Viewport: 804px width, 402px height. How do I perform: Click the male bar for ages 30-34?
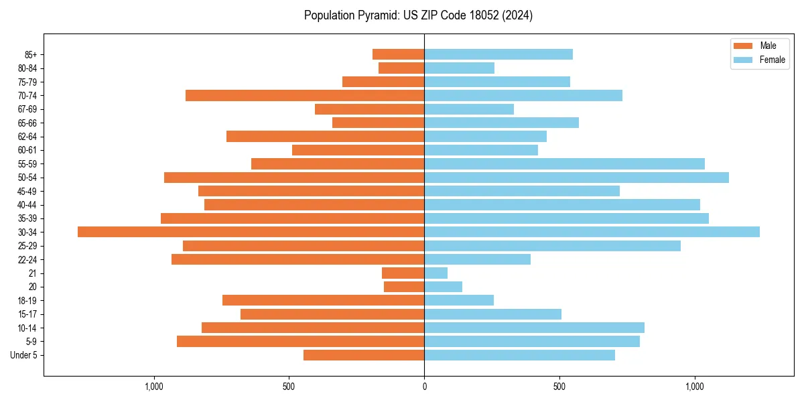click(x=251, y=232)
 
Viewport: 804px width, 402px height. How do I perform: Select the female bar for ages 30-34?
click(x=592, y=232)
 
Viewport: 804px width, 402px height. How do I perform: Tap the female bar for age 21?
click(x=435, y=273)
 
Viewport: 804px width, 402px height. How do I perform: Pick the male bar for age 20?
click(x=404, y=287)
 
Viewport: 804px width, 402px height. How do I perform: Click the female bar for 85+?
click(x=498, y=54)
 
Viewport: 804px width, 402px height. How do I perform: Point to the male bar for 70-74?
click(x=305, y=95)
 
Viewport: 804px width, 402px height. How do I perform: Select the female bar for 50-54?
click(x=576, y=178)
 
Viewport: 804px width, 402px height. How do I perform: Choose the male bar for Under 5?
click(x=364, y=355)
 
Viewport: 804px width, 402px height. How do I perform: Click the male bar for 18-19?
click(x=323, y=300)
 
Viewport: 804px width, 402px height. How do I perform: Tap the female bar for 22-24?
click(x=477, y=259)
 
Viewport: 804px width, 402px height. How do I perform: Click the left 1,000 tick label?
click(x=154, y=387)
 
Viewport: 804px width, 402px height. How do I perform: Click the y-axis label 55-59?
click(x=27, y=164)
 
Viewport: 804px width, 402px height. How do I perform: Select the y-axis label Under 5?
click(x=24, y=355)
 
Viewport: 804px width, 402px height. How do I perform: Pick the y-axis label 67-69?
click(x=27, y=109)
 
